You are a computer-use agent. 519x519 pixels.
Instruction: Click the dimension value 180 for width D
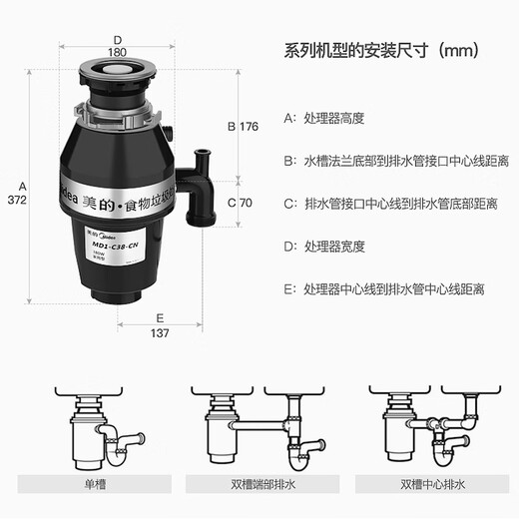click(x=146, y=52)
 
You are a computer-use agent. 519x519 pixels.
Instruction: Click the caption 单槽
click(x=97, y=483)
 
